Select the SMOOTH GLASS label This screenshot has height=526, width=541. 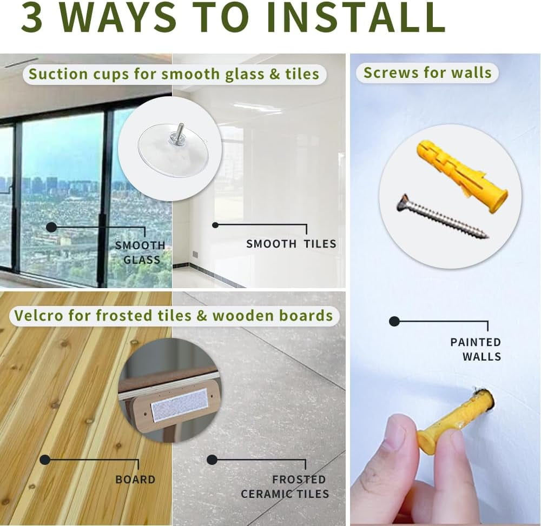(141, 252)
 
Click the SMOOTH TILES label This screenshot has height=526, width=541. (291, 244)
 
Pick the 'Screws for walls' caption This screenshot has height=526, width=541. (427, 73)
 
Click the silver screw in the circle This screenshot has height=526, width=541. (443, 216)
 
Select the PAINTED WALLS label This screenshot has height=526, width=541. (476, 349)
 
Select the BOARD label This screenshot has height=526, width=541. (135, 480)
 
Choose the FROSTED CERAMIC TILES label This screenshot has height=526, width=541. (285, 487)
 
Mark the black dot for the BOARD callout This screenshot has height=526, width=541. (45, 460)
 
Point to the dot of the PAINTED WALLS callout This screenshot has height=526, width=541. (394, 321)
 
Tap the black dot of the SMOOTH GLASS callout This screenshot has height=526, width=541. (51, 227)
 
